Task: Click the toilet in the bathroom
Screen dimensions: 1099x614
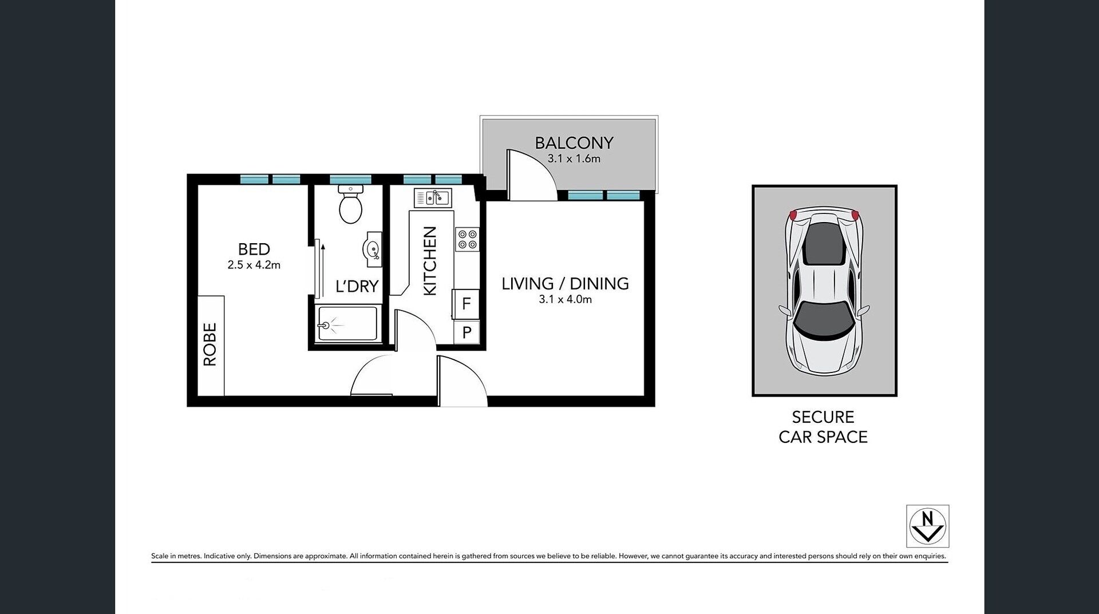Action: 350,204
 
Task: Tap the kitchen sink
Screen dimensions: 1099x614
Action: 433,198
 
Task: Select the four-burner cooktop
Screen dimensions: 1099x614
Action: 467,239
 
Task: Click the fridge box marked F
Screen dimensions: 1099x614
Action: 466,303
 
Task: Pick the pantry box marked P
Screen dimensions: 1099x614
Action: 467,332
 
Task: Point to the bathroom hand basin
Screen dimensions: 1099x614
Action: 372,249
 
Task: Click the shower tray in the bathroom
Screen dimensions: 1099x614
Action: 347,323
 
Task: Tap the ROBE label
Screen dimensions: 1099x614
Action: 210,344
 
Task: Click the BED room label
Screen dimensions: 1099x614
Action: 254,249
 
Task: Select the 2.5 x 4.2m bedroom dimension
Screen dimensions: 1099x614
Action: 254,265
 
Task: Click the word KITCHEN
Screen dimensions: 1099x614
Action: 430,261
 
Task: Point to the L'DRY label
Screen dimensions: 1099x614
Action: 357,286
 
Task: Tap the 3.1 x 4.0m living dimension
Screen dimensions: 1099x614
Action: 566,299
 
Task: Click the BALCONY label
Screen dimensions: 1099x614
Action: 574,142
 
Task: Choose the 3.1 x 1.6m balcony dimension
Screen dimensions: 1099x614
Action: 574,159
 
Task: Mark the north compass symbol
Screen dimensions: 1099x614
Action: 927,526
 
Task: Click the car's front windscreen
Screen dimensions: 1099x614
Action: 824,320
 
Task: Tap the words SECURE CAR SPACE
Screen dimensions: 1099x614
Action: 823,427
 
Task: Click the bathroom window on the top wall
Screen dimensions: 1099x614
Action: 350,179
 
